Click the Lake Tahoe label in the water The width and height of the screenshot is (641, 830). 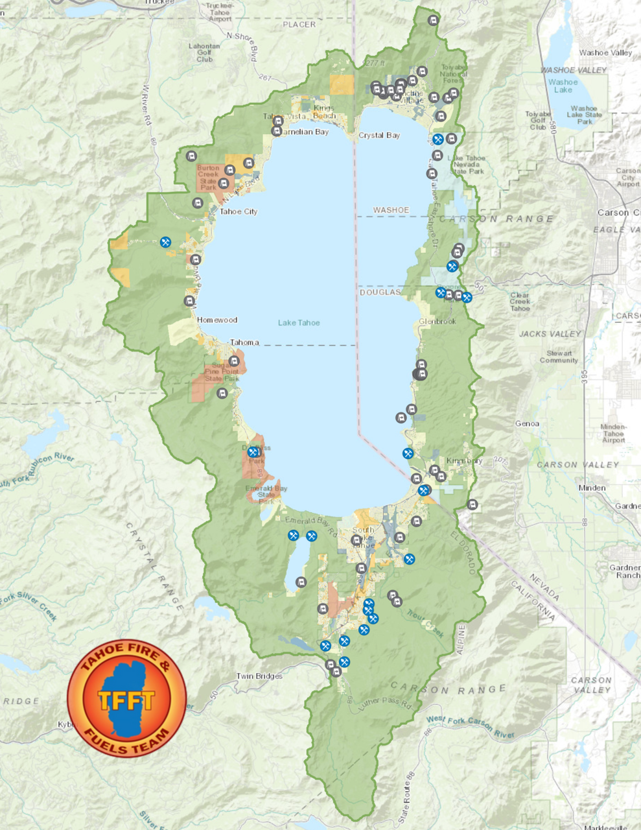(x=299, y=322)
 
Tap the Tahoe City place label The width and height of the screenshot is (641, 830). (x=239, y=211)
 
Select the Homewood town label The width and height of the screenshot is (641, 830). (x=217, y=320)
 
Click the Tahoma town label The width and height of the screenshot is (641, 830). (x=244, y=342)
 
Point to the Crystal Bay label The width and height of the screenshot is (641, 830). (x=379, y=136)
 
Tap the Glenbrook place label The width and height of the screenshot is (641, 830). (x=437, y=322)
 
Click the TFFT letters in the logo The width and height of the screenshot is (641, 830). (x=126, y=700)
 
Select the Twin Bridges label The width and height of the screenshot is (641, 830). (x=259, y=676)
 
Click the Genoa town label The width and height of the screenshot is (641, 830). (x=527, y=423)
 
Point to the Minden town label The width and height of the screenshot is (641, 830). (x=592, y=488)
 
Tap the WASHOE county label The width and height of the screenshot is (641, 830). (x=391, y=210)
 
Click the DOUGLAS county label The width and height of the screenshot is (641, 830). (x=380, y=292)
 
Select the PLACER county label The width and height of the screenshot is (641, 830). (x=299, y=25)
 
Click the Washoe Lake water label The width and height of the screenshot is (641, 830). (x=563, y=86)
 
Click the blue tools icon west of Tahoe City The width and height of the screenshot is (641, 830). (x=166, y=242)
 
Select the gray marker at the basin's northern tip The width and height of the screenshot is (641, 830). (x=433, y=21)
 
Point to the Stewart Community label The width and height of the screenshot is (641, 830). (x=559, y=357)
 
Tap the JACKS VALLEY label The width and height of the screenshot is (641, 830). (x=550, y=334)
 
